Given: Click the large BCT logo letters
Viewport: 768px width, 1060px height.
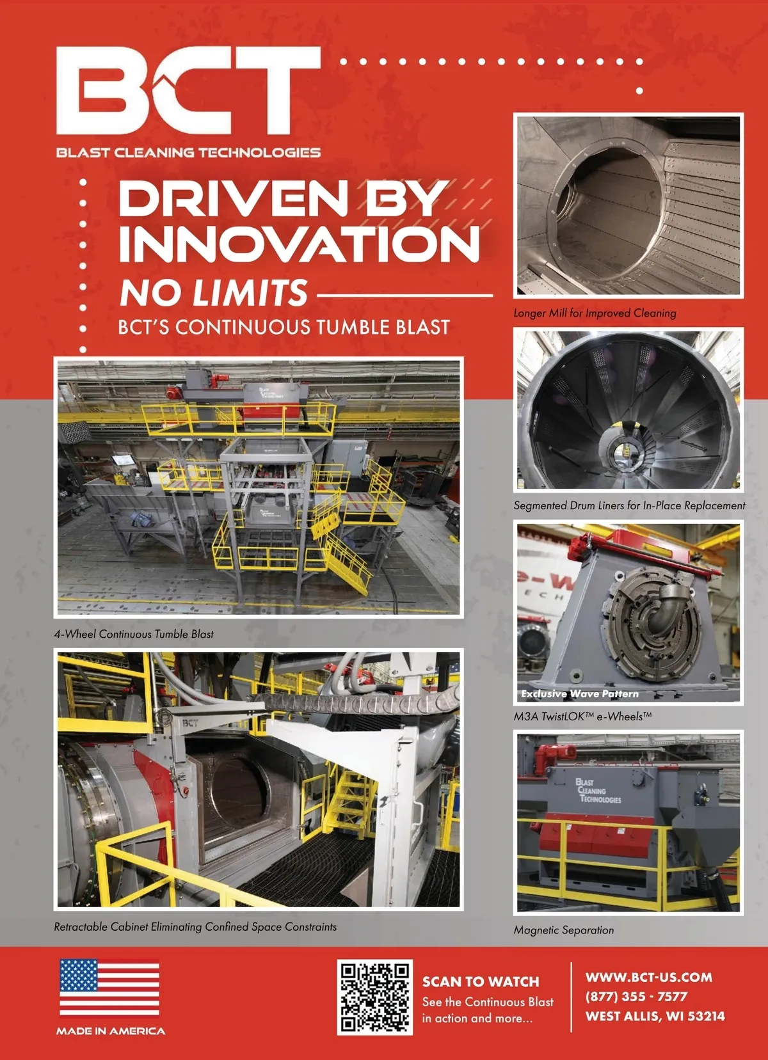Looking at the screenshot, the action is click(188, 90).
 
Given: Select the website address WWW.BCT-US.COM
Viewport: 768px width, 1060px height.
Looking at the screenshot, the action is click(649, 977).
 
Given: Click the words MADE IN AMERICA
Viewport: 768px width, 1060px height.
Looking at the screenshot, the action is click(111, 1031).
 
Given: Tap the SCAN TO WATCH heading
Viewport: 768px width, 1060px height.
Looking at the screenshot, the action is click(481, 981).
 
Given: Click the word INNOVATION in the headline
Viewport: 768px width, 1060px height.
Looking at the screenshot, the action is click(300, 242).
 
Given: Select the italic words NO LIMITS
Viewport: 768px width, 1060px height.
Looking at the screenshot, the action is click(214, 292).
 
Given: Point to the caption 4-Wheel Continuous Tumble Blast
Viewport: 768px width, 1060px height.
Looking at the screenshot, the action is click(134, 634).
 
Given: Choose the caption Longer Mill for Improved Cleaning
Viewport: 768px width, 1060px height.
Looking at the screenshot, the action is click(595, 313).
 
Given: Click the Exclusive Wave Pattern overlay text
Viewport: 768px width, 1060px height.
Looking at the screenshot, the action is click(580, 693).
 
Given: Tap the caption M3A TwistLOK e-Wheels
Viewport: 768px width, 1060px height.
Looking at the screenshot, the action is click(582, 716).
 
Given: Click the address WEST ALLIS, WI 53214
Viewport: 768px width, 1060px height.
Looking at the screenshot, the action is click(655, 1016).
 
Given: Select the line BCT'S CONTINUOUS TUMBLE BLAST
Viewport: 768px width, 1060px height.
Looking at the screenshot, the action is click(284, 328).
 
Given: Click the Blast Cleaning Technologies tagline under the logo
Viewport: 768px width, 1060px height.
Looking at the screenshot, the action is click(188, 152).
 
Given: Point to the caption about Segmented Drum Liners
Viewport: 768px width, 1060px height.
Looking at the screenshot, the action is click(629, 505).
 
